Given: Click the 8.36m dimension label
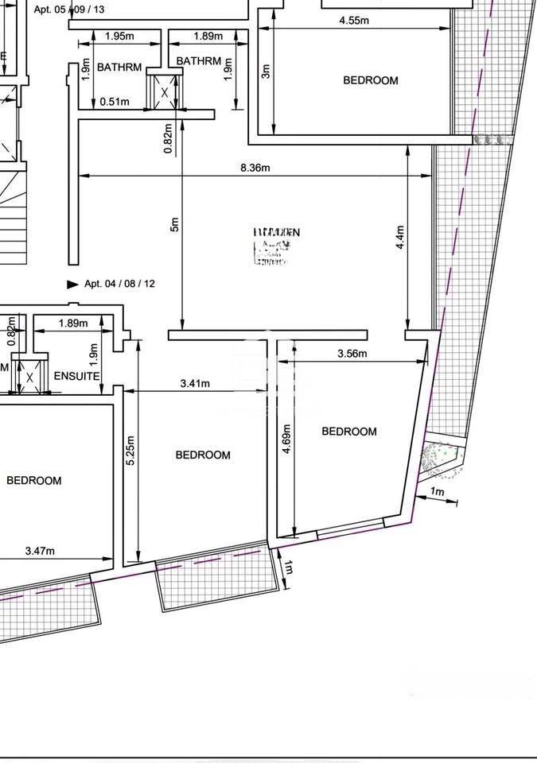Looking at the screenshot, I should click(x=255, y=168).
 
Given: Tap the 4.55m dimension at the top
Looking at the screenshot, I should click(x=354, y=21).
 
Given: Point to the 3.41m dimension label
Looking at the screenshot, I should click(x=195, y=384).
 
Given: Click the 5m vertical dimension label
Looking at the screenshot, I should click(x=175, y=225).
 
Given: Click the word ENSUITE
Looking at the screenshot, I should click(x=76, y=375).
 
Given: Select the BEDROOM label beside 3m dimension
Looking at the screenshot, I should click(x=370, y=80).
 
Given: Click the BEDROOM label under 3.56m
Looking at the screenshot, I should click(x=348, y=432).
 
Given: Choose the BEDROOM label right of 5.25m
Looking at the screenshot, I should click(x=203, y=455).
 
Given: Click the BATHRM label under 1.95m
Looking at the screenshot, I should click(x=119, y=68).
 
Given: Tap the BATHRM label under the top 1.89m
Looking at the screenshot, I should click(x=198, y=61).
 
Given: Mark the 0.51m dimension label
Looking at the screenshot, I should click(x=115, y=101).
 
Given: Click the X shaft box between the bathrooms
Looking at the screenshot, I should click(x=165, y=91).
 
